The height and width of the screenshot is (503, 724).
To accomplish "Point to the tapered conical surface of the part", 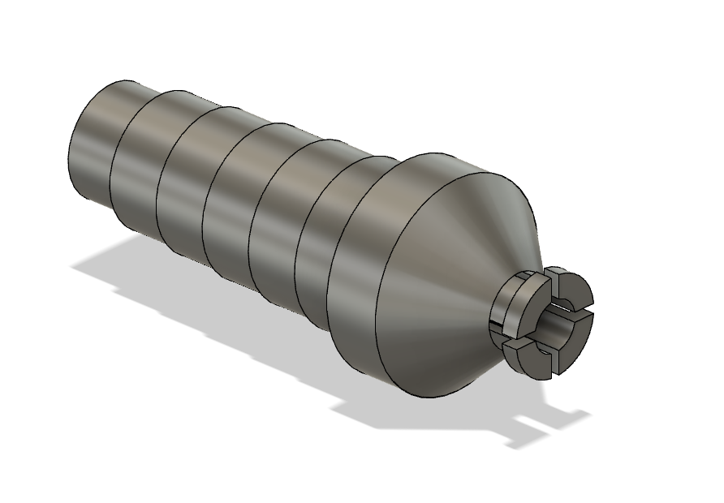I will point(455,268).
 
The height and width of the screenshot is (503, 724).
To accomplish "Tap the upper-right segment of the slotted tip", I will point(571,289).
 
